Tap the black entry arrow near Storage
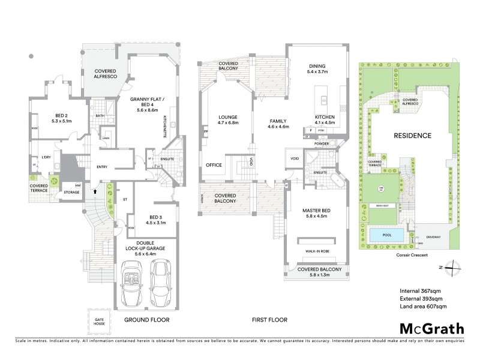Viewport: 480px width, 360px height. click(94, 191)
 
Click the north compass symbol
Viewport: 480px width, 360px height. click(456, 267)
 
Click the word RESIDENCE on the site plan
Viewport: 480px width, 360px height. click(413, 136)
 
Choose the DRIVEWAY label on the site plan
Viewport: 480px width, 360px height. click(434, 237)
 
